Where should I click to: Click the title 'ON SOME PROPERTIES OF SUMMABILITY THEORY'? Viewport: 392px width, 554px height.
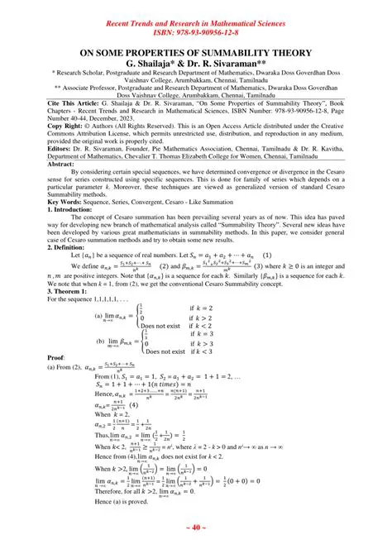195,53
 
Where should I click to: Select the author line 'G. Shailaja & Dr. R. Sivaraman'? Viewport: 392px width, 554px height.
195,64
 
